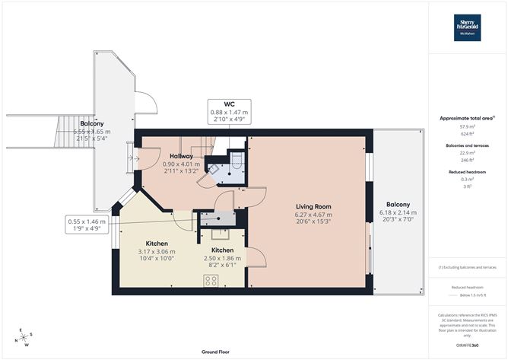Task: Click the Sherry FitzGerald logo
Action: [x=467, y=27]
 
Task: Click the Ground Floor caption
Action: [x=217, y=352]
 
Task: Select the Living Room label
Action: [x=313, y=206]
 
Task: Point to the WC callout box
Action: [x=229, y=112]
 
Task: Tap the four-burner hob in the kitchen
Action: [x=211, y=280]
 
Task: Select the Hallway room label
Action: [x=181, y=156]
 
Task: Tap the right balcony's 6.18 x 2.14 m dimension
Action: [x=397, y=215]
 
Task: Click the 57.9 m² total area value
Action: [x=467, y=127]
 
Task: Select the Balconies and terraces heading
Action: [x=467, y=145]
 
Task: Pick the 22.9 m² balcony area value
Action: [x=467, y=154]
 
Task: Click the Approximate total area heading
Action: [x=466, y=118]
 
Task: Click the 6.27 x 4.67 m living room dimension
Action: [x=313, y=215]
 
